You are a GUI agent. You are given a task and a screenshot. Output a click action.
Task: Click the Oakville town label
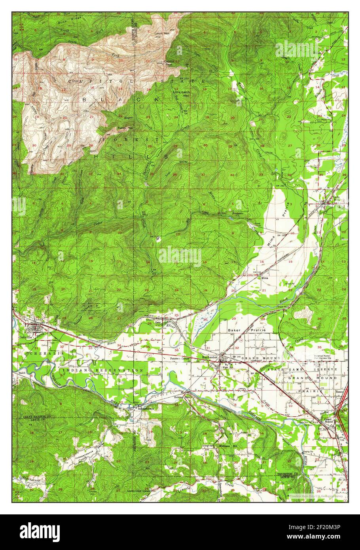tap(25, 338)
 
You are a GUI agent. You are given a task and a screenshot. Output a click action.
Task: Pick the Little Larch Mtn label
tap(182, 94)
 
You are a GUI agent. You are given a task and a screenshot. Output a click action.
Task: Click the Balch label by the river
tap(22, 372)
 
